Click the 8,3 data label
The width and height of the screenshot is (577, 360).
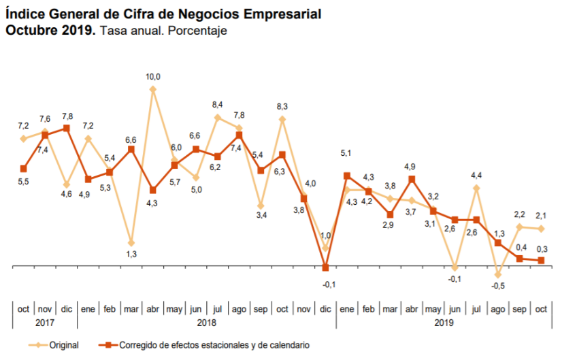point(282,106)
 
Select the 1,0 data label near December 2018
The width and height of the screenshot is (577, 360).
point(325,235)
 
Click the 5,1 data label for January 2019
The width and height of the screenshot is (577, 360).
point(347,153)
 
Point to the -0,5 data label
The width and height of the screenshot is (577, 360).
point(499,285)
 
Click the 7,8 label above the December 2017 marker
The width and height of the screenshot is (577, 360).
point(67,116)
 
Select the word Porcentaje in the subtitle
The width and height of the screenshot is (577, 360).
point(197,31)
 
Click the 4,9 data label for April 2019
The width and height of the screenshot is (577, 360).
point(411,167)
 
